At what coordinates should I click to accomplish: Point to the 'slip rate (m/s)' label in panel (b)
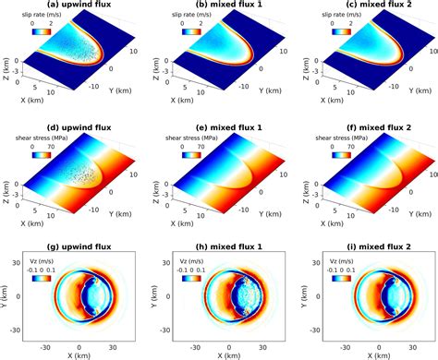point(193,15)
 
